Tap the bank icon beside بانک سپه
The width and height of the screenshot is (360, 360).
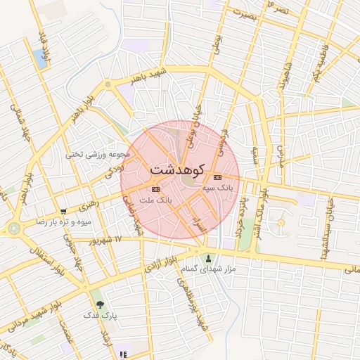point(217,177)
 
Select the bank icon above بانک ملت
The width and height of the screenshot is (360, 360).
point(155,189)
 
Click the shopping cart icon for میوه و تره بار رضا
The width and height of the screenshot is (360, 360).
point(64,211)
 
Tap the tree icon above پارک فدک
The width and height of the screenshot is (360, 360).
point(100,304)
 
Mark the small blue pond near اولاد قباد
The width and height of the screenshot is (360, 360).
point(41,59)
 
